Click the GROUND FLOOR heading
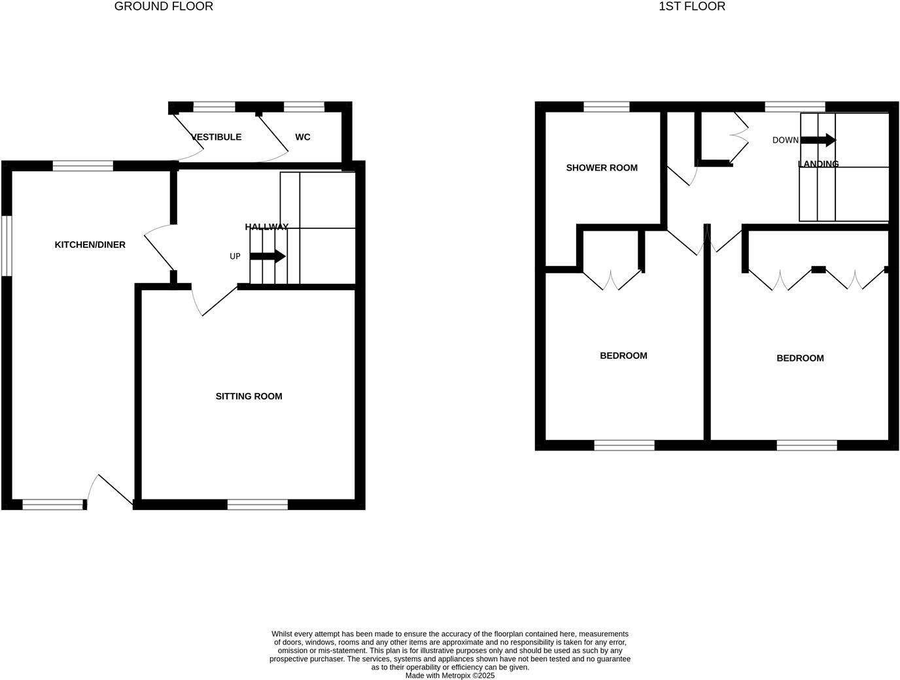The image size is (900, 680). [x=164, y=7]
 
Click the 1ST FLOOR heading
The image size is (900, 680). [x=692, y=7]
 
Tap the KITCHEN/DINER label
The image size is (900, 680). [x=90, y=245]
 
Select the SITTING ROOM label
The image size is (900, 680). [x=249, y=396]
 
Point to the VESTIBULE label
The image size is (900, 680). [x=216, y=137]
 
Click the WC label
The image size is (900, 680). [x=302, y=137]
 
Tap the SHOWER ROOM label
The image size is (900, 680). [x=601, y=168]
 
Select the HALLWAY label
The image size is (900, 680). [x=266, y=227]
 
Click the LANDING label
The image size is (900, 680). [x=818, y=164]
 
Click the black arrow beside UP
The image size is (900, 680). [x=268, y=256]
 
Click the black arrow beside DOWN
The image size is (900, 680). [x=818, y=140]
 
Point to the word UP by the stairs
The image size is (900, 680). [x=235, y=256]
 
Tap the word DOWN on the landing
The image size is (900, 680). [x=785, y=140]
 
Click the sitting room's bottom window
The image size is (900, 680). [x=258, y=504]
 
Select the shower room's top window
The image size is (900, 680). [x=606, y=107]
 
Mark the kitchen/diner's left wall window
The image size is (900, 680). [x=7, y=246]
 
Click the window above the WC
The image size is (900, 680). [x=304, y=107]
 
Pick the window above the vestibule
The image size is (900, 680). [x=215, y=107]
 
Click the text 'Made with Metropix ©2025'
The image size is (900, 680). [x=450, y=675]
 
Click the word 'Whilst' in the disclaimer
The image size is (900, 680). [x=282, y=634]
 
